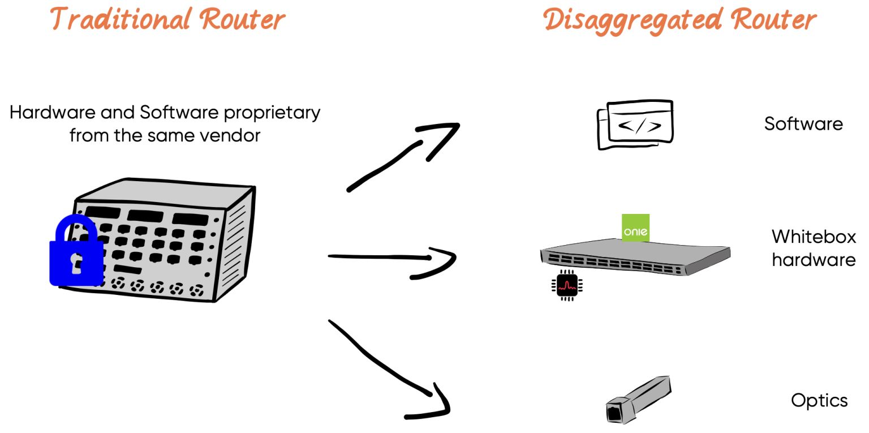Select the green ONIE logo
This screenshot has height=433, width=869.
pos(635,228)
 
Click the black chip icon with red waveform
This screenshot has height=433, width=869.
pos(566,284)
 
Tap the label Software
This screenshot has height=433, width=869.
pos(803,123)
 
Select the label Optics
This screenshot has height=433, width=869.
pos(819,401)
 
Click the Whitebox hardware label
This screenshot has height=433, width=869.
pos(814,248)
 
